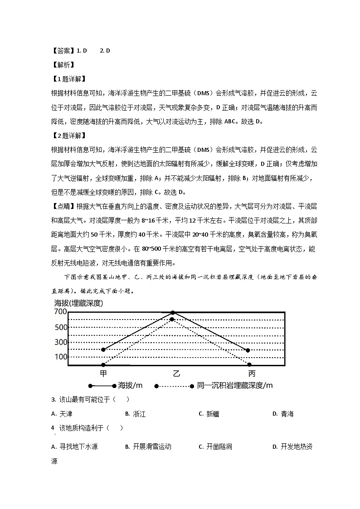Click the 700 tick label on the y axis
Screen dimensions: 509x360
pyautogui.click(x=61, y=312)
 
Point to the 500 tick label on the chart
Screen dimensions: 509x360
pyautogui.click(x=61, y=327)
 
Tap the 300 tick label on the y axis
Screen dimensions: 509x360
pyautogui.click(x=61, y=342)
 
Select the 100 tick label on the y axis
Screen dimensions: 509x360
pyautogui.click(x=61, y=357)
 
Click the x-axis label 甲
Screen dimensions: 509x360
pyautogui.click(x=103, y=373)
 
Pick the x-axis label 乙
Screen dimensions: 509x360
pyautogui.click(x=176, y=373)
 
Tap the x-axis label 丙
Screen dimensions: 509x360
pyautogui.click(x=252, y=373)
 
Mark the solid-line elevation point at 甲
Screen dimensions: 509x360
pyautogui.click(x=103, y=349)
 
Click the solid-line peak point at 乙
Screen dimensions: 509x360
pyautogui.click(x=173, y=313)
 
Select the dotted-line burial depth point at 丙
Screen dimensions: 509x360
pyautogui.click(x=249, y=364)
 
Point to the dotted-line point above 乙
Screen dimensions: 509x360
pyautogui.click(x=172, y=320)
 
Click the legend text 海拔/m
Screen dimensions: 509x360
pyautogui.click(x=130, y=386)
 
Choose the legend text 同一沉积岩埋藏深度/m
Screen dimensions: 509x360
pyautogui.click(x=235, y=386)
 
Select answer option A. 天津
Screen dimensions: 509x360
pyautogui.click(x=62, y=414)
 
